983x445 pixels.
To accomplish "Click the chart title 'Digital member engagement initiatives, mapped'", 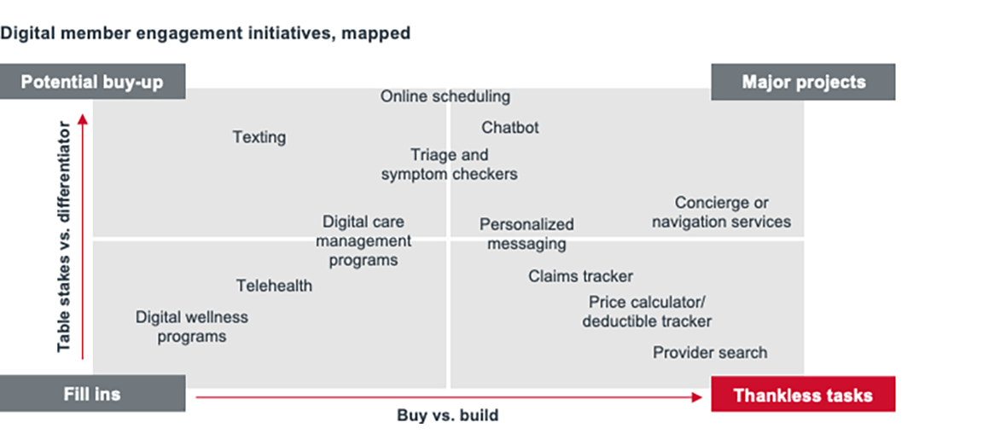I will coord(206,33).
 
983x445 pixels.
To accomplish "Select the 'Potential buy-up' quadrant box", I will coord(92,82).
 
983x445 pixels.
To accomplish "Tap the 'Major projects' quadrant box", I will coord(803,82).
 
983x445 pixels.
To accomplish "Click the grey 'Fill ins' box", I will coord(92,394).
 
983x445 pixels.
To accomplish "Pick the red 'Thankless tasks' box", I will coord(803,395).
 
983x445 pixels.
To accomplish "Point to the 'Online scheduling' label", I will coord(445,96).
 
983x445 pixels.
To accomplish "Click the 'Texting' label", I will coord(259,136).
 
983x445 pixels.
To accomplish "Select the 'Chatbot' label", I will coord(510,127).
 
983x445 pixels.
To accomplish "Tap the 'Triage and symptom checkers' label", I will coord(449,165).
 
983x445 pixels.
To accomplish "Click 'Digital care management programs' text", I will coord(364,241).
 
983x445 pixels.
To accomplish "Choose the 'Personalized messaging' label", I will coord(526,234).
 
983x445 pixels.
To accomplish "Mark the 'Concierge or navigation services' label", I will coord(721,212).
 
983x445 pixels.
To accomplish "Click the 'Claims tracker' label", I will coord(580,276).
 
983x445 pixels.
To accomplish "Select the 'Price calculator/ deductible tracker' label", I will coord(647,312).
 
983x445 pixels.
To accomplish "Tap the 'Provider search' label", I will coord(710,352).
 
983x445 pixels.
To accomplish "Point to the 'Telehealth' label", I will coord(274,286).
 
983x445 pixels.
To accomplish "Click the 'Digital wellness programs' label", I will coord(192,327).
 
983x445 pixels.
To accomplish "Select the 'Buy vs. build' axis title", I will coord(447,416).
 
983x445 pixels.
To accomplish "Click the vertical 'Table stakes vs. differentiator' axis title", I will coord(64,236).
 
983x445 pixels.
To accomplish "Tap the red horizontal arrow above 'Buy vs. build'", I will coord(448,396).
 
